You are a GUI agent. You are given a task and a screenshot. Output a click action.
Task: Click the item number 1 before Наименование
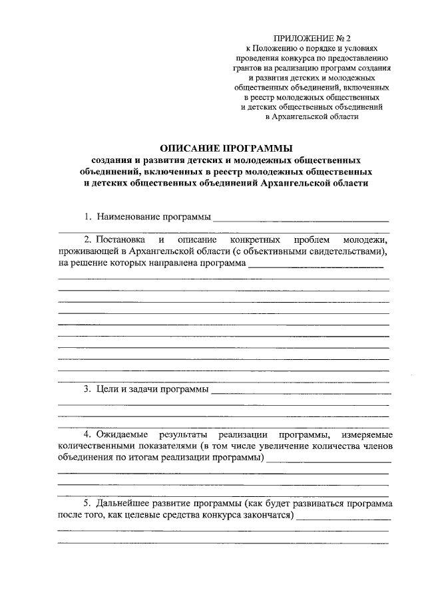pyautogui.click(x=87, y=217)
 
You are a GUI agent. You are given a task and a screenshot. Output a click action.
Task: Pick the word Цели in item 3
pyautogui.click(x=106, y=388)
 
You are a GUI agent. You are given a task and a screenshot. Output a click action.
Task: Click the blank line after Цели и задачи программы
pyautogui.click(x=300, y=390)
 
